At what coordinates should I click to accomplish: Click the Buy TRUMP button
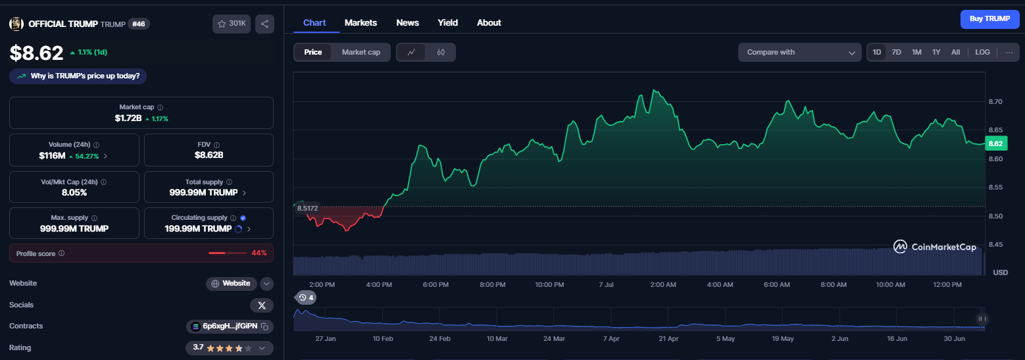(989, 19)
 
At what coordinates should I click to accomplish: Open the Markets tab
(361, 23)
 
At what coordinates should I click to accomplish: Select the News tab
(407, 23)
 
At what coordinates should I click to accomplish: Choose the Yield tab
(447, 23)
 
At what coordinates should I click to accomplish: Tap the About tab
(489, 23)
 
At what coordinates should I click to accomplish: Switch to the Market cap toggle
(361, 52)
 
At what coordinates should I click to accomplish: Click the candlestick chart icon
(441, 52)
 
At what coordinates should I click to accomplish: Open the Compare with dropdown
(799, 52)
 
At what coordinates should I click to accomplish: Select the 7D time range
(897, 52)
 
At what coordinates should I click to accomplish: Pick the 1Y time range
(936, 52)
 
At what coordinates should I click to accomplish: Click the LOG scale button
(982, 52)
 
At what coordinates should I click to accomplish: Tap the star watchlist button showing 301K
(232, 24)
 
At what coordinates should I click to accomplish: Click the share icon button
(264, 24)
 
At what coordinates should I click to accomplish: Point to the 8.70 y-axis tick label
(995, 101)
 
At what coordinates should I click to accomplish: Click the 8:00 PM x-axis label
(492, 284)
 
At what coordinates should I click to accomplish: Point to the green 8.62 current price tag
(995, 144)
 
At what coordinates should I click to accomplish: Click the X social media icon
(262, 305)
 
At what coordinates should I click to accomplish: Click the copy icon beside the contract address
(264, 326)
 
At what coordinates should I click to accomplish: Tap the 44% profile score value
(259, 253)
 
